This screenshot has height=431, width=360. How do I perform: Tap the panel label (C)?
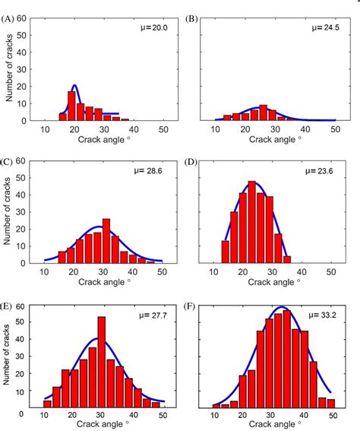click(9, 161)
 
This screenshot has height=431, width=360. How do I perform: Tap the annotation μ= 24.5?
click(327, 27)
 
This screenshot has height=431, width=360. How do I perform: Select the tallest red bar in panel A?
click(72, 106)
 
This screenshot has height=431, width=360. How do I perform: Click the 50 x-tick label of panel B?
click(335, 129)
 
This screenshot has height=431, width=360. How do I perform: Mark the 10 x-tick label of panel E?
click(45, 415)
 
